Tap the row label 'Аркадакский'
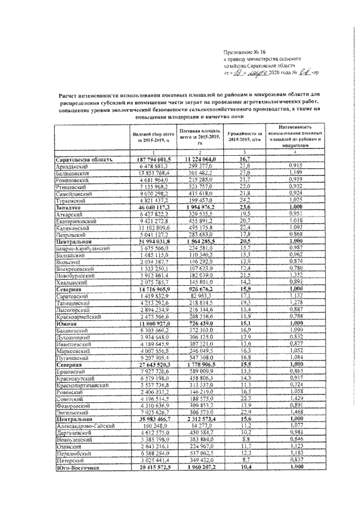(68, 165)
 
